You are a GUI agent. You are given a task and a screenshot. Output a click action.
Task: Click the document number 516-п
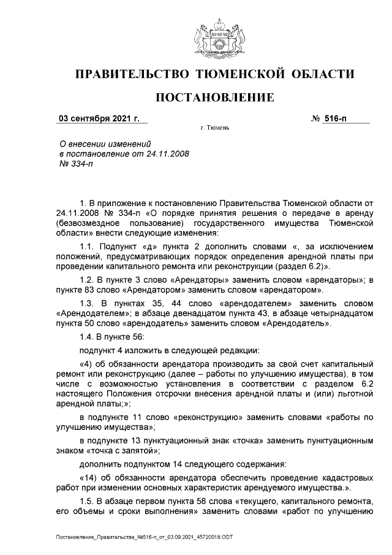coord(335,118)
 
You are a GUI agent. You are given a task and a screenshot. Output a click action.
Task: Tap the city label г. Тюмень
coord(214,129)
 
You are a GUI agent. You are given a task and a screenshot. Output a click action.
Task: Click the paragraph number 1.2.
coord(89,279)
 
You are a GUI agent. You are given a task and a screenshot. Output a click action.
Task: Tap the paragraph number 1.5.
coord(89,501)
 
